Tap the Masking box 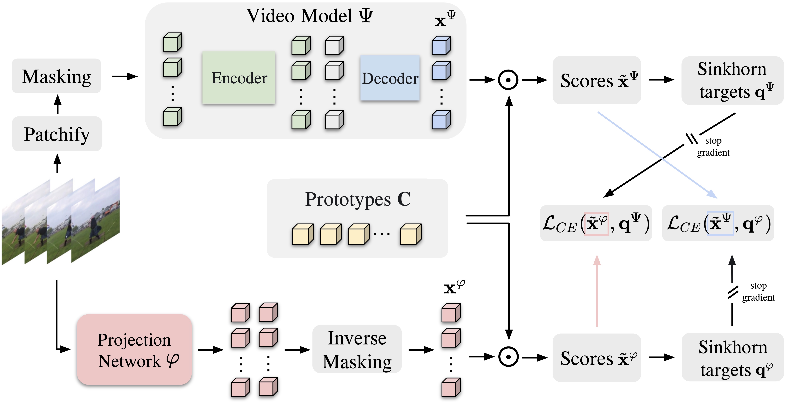(x=56, y=76)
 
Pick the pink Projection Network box (x=134, y=350)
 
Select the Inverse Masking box (x=357, y=349)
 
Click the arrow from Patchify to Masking (x=57, y=104)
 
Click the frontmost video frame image (x=95, y=220)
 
